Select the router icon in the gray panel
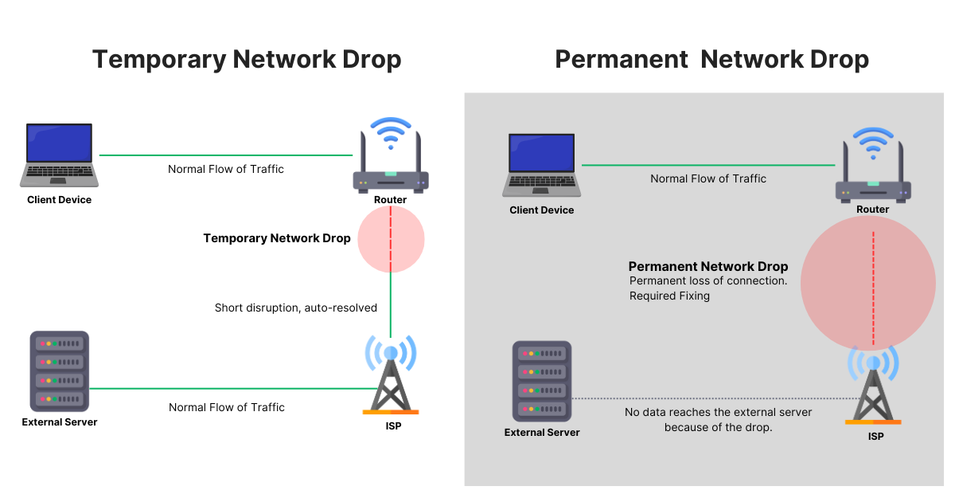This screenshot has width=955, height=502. click(873, 169)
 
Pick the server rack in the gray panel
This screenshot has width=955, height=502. click(542, 382)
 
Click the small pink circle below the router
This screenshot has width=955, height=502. click(391, 239)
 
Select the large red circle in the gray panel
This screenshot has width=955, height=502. click(868, 283)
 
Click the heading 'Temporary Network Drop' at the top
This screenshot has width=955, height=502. click(247, 60)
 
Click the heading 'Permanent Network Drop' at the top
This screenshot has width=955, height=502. click(711, 60)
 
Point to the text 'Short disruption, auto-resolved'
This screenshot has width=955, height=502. click(296, 308)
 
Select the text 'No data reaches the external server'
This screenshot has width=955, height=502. click(719, 412)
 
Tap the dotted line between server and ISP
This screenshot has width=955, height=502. click(716, 398)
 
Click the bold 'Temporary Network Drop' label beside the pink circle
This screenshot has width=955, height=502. click(277, 238)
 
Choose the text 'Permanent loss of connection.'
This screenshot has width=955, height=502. click(708, 280)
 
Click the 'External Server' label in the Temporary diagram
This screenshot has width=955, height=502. click(60, 422)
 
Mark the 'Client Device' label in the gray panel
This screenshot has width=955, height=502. click(542, 210)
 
